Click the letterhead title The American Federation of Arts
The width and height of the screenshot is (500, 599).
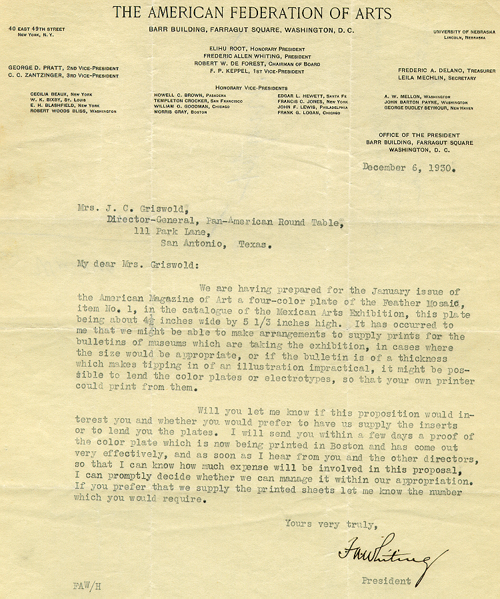[252, 12]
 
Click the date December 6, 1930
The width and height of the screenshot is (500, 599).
[409, 168]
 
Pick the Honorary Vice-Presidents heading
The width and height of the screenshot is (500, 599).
[251, 88]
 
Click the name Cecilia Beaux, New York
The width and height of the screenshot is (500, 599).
[60, 95]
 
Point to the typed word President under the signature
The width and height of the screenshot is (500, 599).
[386, 581]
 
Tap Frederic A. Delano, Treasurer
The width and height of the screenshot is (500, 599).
[447, 71]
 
